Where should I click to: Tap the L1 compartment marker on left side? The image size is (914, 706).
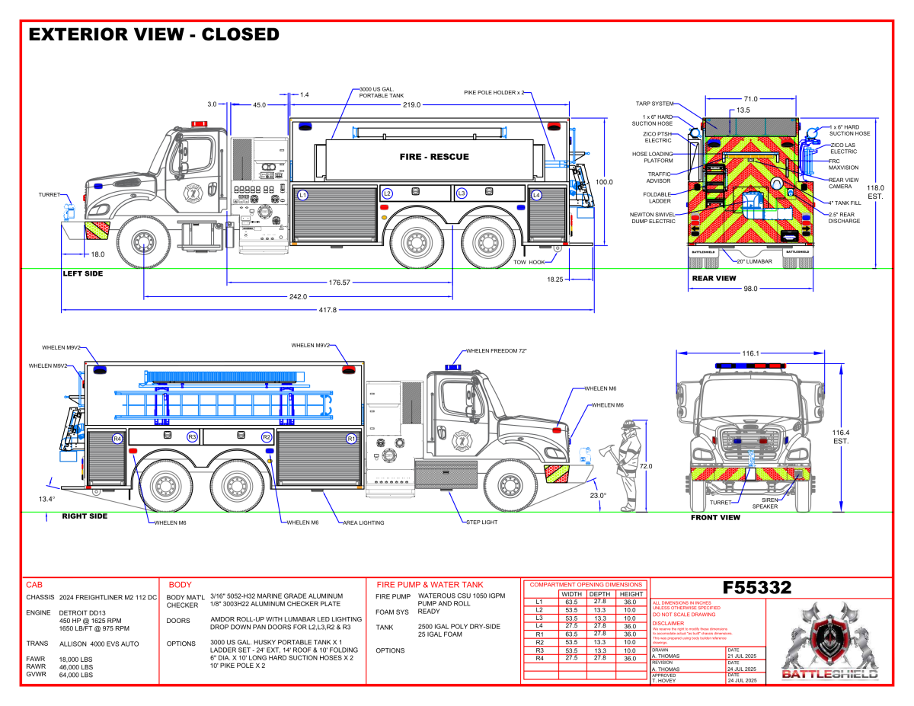(302, 195)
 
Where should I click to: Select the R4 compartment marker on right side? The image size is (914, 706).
(117, 439)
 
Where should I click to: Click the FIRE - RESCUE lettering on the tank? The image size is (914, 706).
(434, 157)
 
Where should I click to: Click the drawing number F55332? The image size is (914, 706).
(757, 588)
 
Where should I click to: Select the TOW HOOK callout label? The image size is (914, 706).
(530, 262)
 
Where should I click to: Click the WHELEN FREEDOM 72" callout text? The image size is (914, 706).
(497, 350)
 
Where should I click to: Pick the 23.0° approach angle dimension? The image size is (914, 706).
(598, 495)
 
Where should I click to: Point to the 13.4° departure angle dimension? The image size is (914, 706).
(46, 499)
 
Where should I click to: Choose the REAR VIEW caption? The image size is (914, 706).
(714, 278)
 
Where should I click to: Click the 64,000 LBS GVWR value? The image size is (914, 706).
(76, 675)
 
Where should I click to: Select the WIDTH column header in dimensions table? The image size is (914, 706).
(571, 594)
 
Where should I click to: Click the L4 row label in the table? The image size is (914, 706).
(539, 625)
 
